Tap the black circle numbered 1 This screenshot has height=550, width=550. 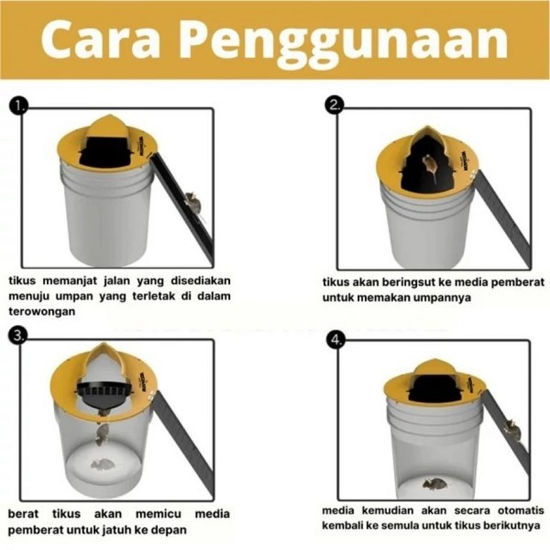[19, 105]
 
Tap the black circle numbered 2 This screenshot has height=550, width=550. [336, 105]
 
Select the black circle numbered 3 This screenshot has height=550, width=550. [17, 336]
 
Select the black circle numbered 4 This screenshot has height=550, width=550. [336, 339]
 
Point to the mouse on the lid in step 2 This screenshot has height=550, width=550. [430, 168]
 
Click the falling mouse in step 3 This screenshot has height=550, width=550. [102, 433]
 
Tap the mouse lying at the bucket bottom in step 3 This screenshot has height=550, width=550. [103, 465]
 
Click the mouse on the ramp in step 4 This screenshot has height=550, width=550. [512, 429]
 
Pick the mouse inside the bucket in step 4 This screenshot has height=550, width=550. [435, 484]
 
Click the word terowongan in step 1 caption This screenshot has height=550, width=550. [42, 312]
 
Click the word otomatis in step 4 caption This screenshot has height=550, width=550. [521, 511]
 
